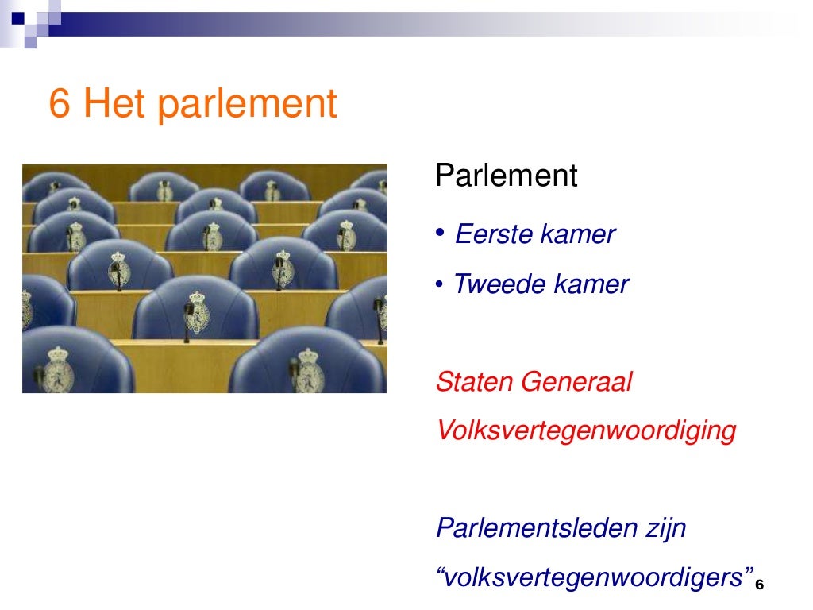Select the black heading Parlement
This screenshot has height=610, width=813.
click(506, 176)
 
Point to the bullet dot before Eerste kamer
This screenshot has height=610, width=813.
click(440, 233)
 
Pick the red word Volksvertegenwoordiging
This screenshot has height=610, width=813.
click(586, 431)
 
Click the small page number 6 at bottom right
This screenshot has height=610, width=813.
click(759, 585)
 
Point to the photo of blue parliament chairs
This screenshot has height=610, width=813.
click(204, 278)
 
